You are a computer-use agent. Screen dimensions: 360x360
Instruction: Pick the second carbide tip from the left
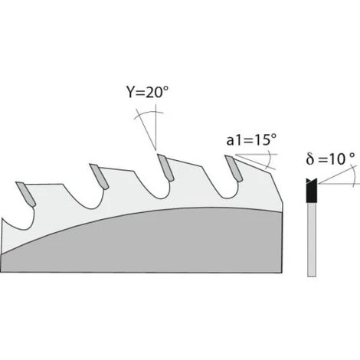tap(98, 175)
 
